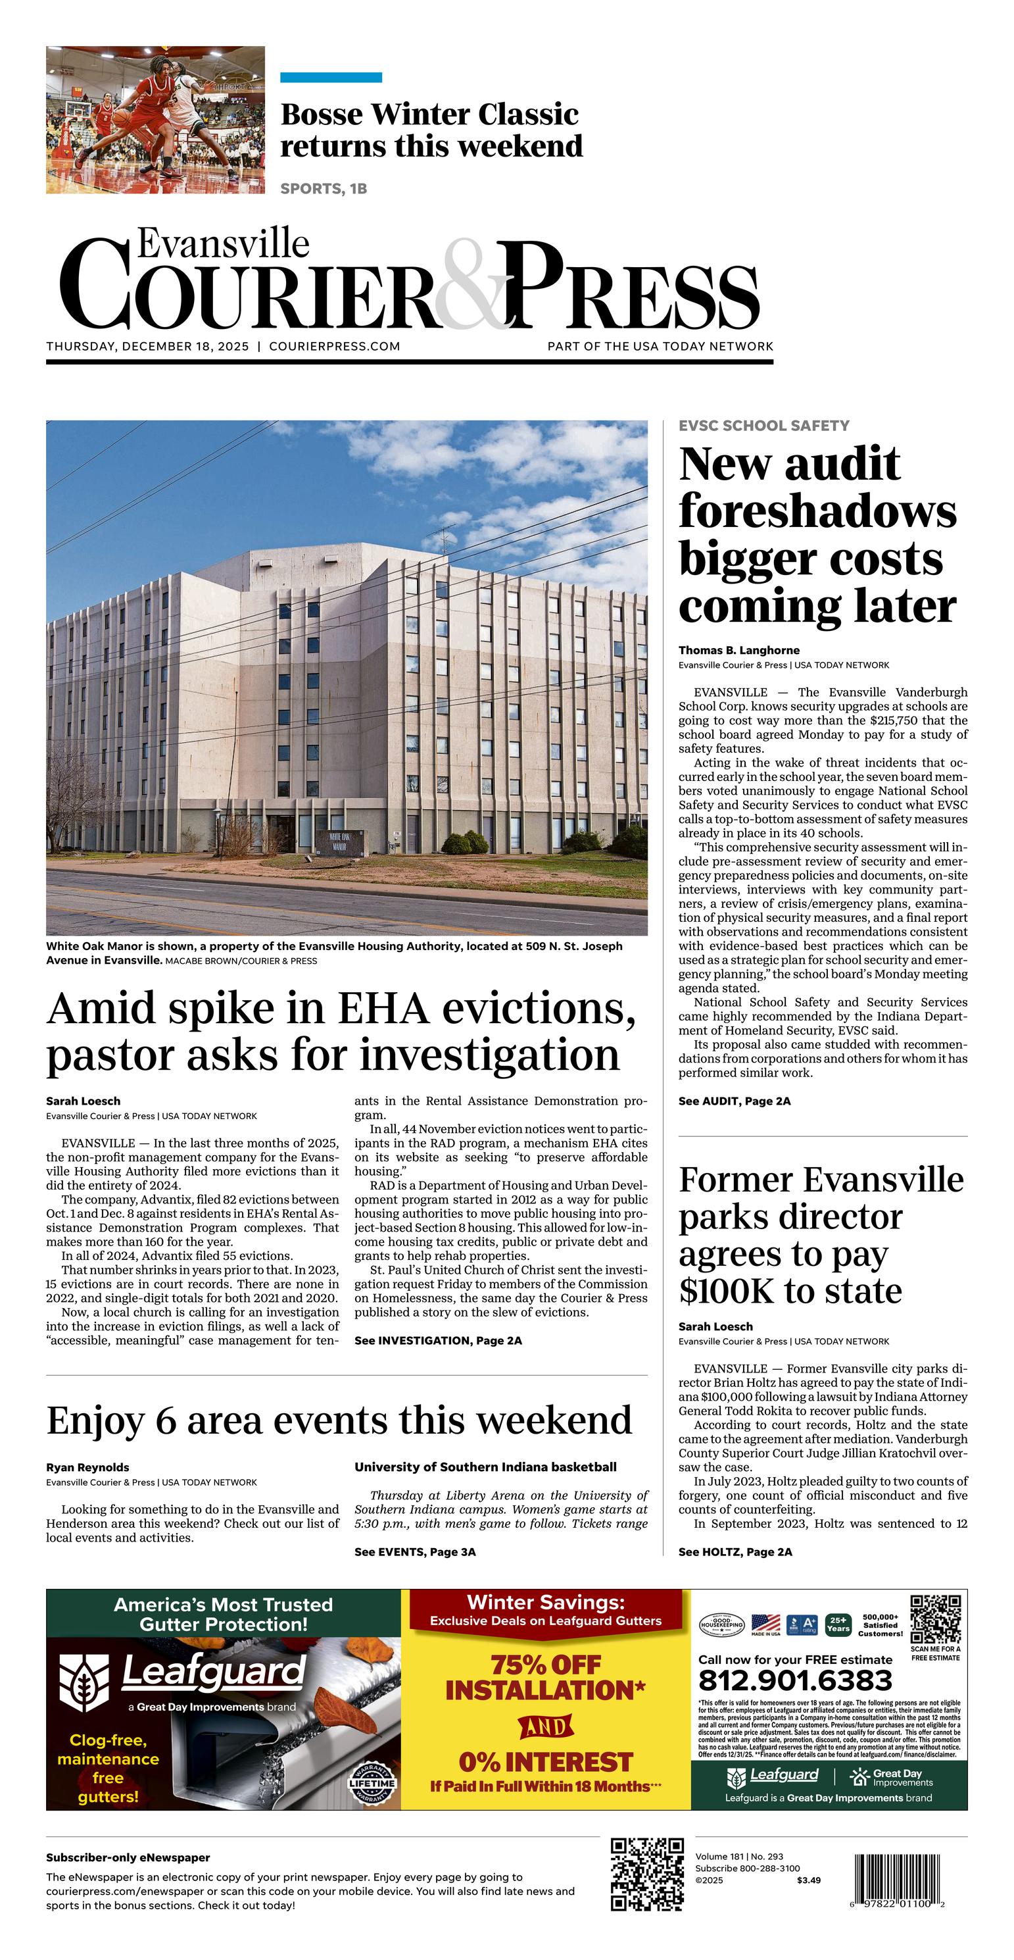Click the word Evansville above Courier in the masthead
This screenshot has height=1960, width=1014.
click(x=223, y=244)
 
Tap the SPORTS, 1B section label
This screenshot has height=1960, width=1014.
click(x=324, y=189)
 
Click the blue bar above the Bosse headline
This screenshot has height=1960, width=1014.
click(x=331, y=78)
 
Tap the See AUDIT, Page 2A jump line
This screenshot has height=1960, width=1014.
click(x=734, y=1101)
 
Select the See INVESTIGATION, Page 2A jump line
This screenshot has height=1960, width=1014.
click(x=438, y=1341)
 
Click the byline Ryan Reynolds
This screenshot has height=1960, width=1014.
click(x=87, y=1468)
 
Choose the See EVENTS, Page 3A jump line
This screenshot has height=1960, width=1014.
click(x=414, y=1552)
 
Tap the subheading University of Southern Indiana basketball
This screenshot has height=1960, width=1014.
click(x=485, y=1467)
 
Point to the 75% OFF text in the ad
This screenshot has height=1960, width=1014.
click(x=545, y=1665)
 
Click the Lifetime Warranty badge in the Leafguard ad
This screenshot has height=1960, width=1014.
click(x=372, y=1784)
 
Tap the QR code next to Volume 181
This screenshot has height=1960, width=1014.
click(x=647, y=1874)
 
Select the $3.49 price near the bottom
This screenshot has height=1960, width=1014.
click(x=809, y=1880)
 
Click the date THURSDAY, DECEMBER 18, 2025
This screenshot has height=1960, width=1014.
click(x=147, y=346)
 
